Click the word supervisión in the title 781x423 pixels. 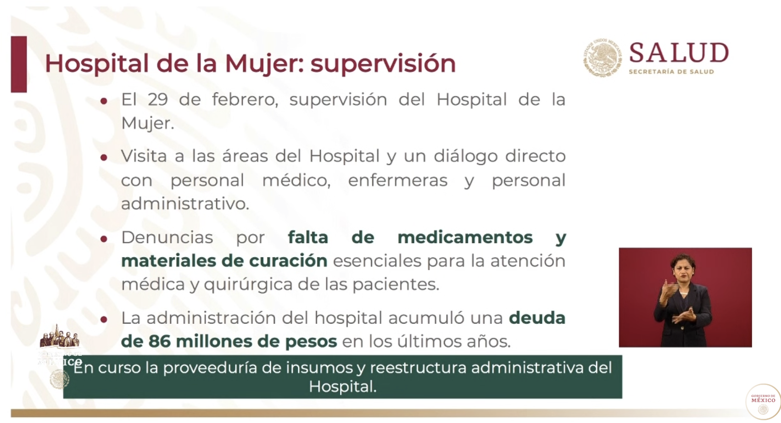pyautogui.click(x=383, y=63)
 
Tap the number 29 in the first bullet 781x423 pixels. pyautogui.click(x=157, y=100)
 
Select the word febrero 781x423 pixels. pyautogui.click(x=245, y=100)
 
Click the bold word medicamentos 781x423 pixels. pyautogui.click(x=465, y=237)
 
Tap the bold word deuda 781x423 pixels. pyautogui.click(x=537, y=318)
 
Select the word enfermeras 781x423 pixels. pyautogui.click(x=397, y=180)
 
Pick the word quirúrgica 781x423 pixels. pyautogui.click(x=248, y=284)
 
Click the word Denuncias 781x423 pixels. pyautogui.click(x=167, y=237)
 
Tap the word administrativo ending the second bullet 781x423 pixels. pyautogui.click(x=184, y=204)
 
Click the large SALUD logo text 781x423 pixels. pyautogui.click(x=679, y=53)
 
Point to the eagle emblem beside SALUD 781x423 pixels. pyautogui.click(x=602, y=57)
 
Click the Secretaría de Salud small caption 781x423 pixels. pyautogui.click(x=671, y=72)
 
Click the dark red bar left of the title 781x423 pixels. pyautogui.click(x=19, y=64)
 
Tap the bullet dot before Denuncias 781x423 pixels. pyautogui.click(x=104, y=239)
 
